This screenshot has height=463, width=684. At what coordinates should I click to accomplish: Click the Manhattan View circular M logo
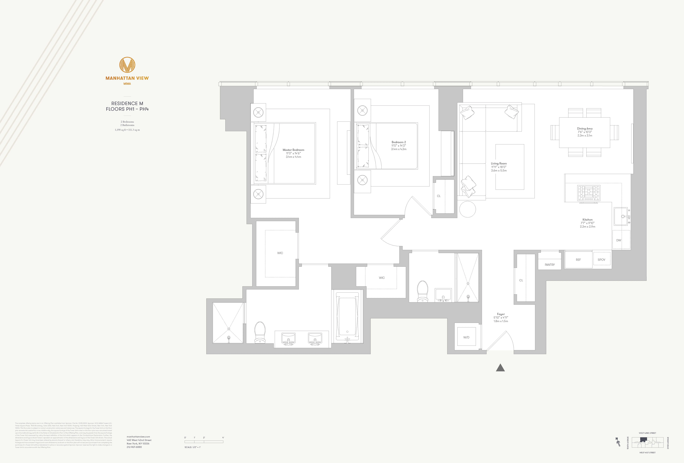127,65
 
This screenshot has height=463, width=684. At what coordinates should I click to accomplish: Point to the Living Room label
499,163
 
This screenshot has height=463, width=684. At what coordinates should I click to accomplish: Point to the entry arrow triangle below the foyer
500,368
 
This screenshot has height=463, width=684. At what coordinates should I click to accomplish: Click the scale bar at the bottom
204,442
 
